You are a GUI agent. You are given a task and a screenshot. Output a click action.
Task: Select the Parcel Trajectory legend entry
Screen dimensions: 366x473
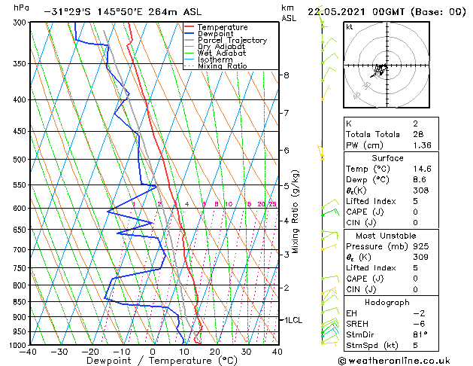click(x=232, y=41)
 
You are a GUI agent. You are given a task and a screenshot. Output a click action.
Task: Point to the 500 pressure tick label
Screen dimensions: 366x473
click(x=16, y=160)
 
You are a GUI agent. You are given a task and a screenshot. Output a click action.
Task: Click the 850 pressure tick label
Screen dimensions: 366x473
click(x=16, y=302)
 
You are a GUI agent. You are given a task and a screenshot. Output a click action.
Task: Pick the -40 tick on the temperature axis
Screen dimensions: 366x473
click(x=29, y=352)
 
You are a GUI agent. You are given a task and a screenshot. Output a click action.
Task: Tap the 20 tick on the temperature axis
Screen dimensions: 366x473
click(x=214, y=352)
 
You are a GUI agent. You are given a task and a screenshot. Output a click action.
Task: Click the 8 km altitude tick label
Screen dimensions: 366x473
click(x=287, y=75)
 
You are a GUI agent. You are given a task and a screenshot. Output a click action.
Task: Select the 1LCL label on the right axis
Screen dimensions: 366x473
click(x=292, y=320)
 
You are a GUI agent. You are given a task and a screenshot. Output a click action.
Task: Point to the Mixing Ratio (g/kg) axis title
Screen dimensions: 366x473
click(x=296, y=212)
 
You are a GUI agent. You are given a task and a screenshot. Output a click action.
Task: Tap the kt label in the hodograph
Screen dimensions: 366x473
click(x=349, y=27)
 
